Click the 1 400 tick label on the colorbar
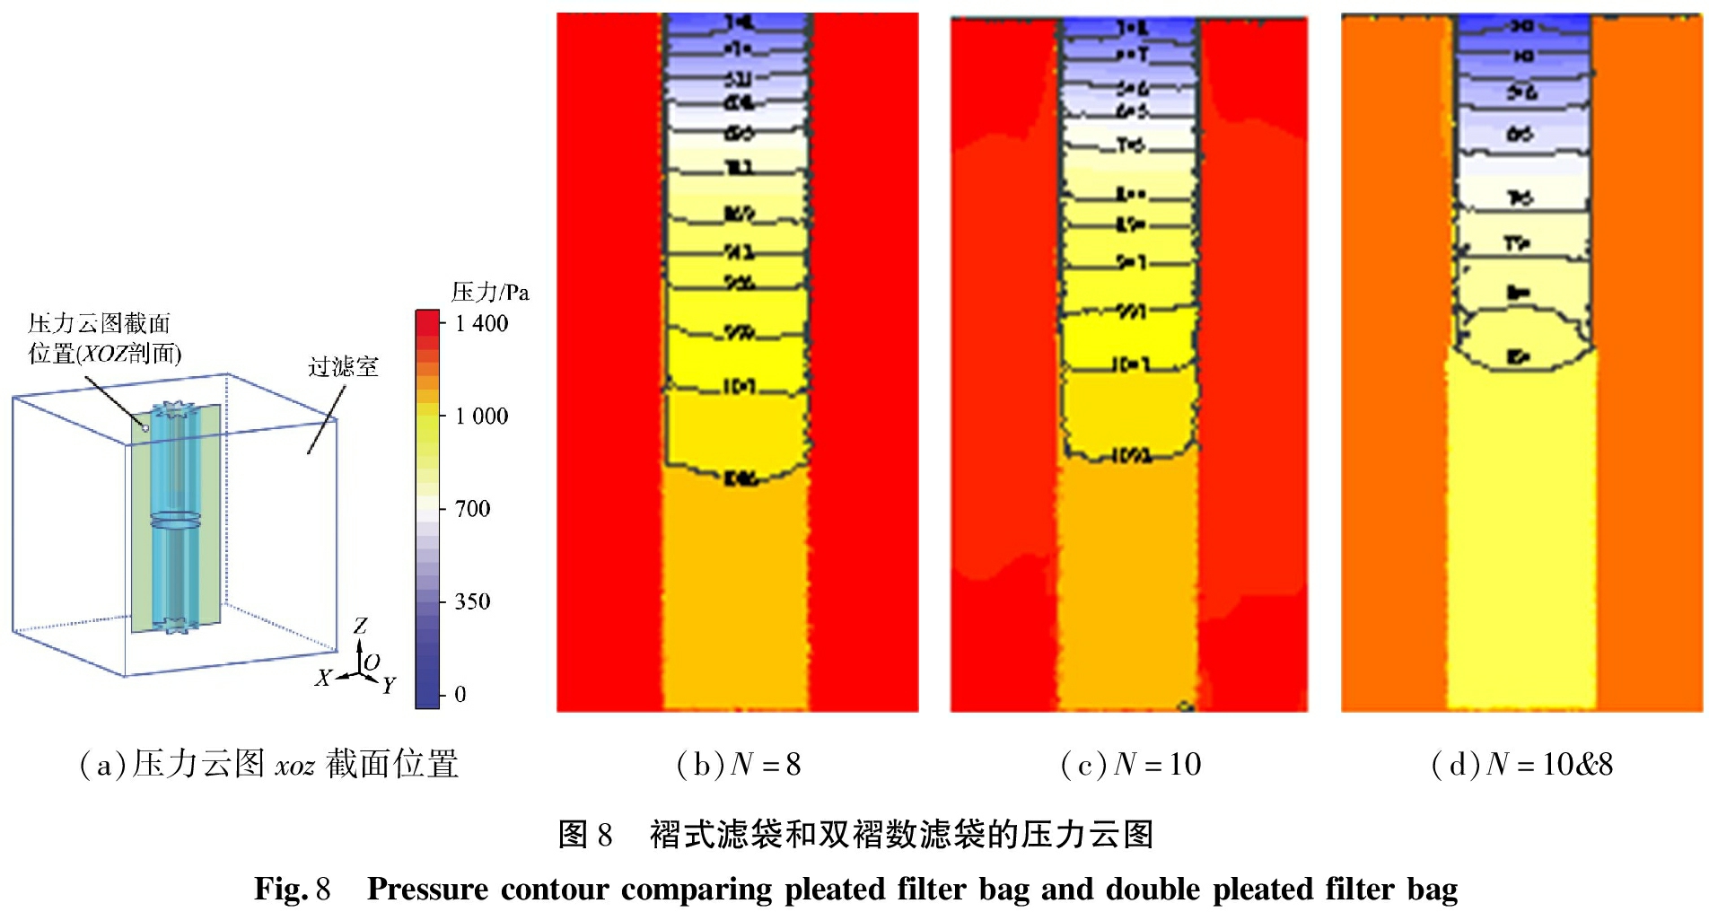481,323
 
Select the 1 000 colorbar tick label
481,416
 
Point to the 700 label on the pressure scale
472,509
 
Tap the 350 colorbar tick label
472,601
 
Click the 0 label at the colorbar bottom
460,694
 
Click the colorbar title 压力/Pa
490,292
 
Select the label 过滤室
343,366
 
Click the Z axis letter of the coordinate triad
360,626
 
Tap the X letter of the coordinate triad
323,678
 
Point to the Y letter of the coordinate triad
389,686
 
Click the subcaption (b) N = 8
738,764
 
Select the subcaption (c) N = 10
1130,764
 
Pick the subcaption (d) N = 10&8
1521,764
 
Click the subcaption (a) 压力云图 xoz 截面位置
269,764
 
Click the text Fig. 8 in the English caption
293,889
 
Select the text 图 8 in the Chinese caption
585,835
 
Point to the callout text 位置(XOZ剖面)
105,354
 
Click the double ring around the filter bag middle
176,520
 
